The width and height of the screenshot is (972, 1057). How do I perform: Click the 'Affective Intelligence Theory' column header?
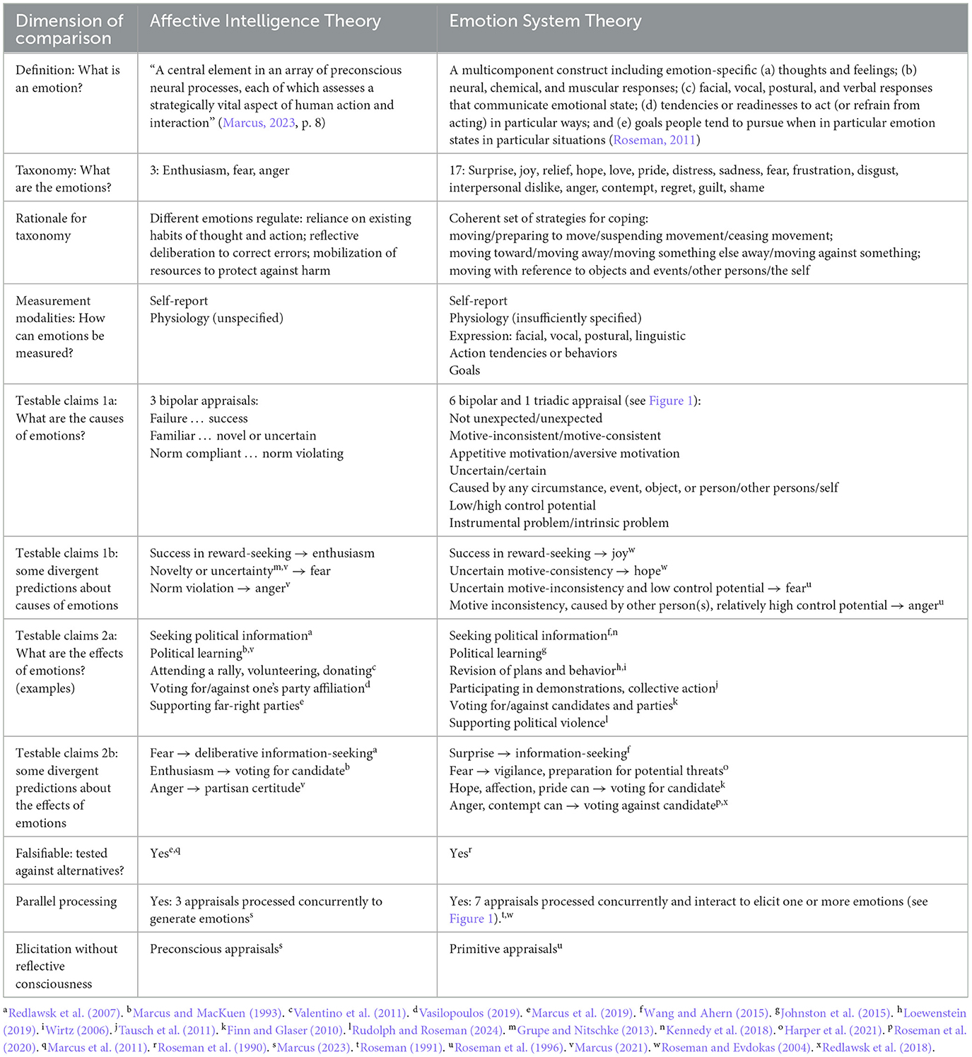pos(265,21)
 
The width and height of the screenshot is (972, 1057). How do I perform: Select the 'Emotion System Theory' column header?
pos(545,21)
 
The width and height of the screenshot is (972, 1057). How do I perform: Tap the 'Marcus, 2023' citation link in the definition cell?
pos(259,123)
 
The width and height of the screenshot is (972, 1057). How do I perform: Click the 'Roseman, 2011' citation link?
pos(654,140)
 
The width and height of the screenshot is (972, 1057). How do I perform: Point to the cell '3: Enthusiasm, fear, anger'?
pos(219,170)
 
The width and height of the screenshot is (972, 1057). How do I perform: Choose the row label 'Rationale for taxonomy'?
pos(51,227)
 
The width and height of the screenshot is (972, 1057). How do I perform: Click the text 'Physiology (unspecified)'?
pos(216,318)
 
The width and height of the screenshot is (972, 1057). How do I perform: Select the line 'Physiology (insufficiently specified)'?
pos(545,318)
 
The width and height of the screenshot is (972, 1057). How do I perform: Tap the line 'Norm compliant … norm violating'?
pos(246,453)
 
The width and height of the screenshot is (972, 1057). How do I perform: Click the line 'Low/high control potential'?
pos(522,505)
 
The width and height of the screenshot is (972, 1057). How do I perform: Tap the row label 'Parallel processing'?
pos(66,902)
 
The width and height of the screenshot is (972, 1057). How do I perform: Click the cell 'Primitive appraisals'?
pos(504,949)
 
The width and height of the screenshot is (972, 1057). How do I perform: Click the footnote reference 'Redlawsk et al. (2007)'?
pos(64,1013)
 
